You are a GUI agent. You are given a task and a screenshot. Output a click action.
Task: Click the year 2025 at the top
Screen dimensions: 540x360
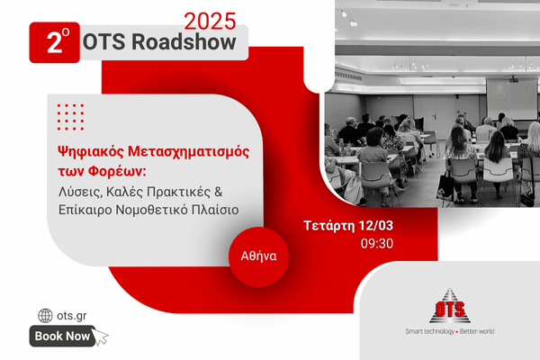point(210,22)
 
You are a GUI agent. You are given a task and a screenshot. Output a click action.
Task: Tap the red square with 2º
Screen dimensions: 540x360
point(54,42)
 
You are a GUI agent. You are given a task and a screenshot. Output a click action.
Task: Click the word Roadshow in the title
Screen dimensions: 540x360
point(184,42)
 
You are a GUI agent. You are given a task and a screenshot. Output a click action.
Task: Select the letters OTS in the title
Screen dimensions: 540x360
point(103,42)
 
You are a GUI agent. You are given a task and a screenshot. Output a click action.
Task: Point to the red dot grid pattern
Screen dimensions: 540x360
point(70,117)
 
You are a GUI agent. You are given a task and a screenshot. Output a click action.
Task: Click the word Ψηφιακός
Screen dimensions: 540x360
point(90,151)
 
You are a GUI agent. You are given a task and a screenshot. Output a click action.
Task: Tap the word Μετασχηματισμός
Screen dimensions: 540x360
point(189,151)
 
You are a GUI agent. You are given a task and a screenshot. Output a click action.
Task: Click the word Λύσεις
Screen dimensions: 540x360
point(81,193)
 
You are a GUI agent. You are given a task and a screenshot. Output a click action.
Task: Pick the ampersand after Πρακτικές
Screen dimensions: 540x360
point(219,191)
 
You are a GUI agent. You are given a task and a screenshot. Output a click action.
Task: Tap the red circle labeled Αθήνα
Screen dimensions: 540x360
point(258,256)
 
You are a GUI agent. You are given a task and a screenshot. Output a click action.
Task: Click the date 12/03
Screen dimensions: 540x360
point(375,225)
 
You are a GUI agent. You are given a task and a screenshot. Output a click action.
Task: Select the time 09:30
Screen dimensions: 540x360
point(377,244)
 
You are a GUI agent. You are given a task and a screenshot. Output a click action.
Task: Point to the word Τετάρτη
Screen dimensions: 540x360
point(329,226)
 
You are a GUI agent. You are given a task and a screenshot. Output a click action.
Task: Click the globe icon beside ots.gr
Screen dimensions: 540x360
point(45,316)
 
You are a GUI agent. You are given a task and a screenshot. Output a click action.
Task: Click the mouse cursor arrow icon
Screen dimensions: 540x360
point(100,337)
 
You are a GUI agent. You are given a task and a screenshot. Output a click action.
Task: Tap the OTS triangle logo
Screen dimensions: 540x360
point(450,306)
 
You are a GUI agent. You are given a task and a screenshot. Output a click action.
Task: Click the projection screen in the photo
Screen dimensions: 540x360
point(511,99)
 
